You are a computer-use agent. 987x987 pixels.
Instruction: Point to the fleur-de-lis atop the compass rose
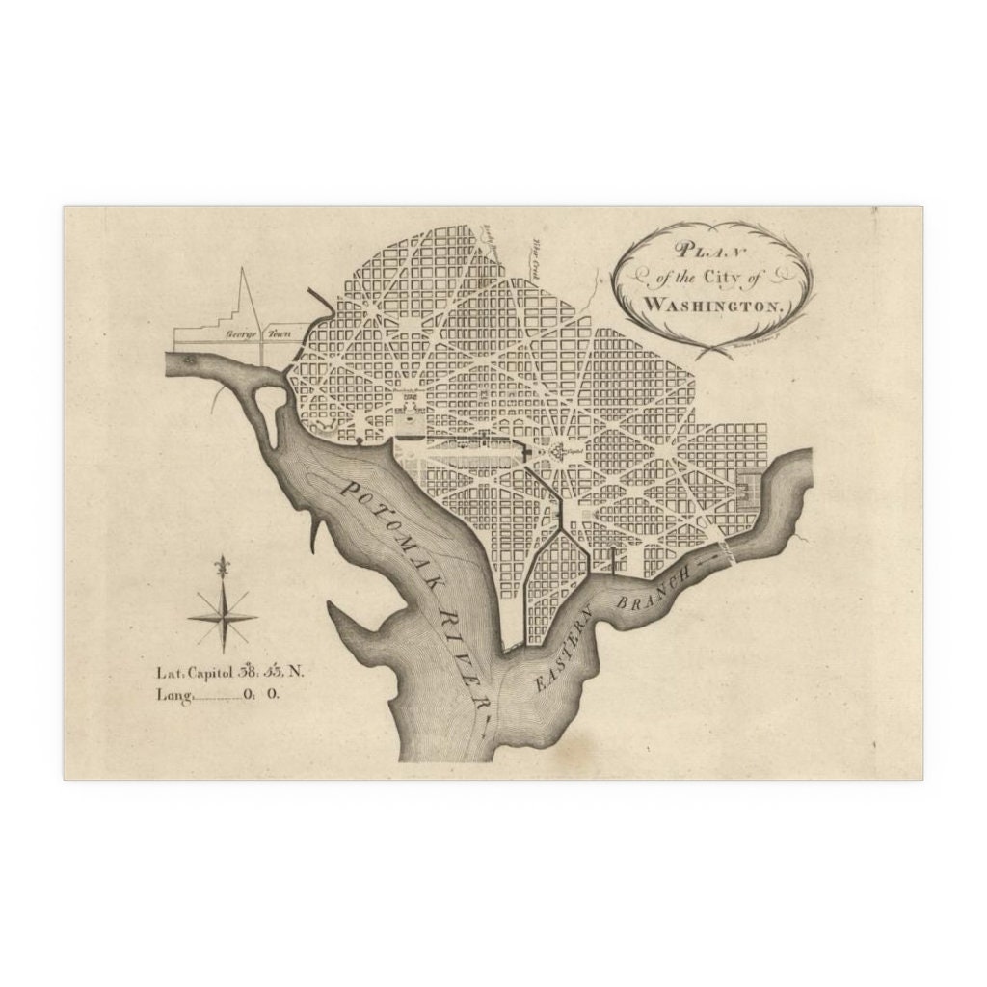pos(224,567)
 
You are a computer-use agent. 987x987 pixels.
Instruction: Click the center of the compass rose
pos(224,618)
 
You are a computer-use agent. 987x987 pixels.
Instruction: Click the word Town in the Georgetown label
pos(280,334)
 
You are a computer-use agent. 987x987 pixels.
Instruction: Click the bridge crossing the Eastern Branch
pos(731,550)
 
